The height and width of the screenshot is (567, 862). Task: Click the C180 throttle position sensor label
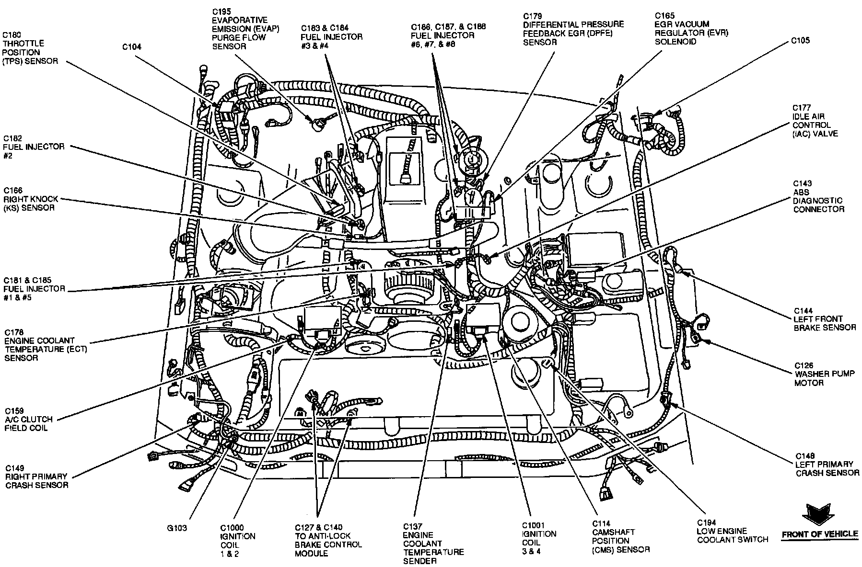pos(30,48)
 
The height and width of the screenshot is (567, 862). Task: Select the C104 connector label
pos(132,46)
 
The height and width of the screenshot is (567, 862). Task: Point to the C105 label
pos(800,40)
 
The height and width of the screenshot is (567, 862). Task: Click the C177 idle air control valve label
pos(815,121)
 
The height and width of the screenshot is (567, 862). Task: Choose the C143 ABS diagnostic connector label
pos(818,196)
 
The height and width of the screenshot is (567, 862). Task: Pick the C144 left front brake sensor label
pos(825,319)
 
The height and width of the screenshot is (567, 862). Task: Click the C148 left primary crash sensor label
pos(827,464)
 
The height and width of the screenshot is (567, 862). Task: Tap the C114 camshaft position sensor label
pos(621,536)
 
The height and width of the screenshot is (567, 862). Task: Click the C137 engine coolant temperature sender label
pos(433,543)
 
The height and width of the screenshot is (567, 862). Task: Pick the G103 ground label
pos(176,528)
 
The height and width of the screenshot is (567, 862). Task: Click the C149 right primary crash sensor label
pos(36,476)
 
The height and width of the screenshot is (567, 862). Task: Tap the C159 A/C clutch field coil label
pos(29,420)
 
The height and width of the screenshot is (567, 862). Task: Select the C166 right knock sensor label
pos(31,199)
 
